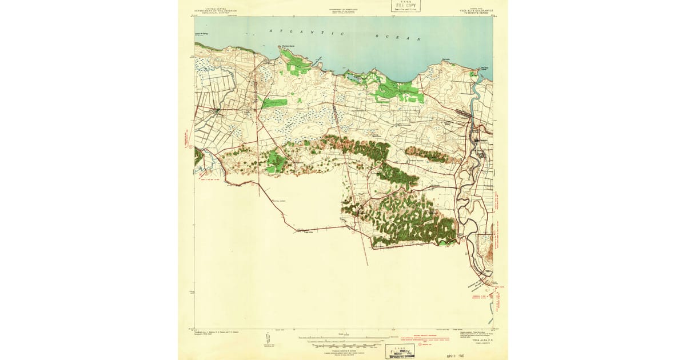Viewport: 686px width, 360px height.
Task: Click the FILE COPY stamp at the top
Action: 405,6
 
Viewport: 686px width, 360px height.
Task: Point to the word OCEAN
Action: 398,38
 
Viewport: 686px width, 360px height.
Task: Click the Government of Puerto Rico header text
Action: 346,11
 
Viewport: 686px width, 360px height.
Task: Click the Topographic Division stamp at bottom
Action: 400,351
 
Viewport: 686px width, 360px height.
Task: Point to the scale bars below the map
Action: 343,341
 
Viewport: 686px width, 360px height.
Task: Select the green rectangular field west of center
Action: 275,103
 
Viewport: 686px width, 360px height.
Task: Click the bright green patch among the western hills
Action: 276,163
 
